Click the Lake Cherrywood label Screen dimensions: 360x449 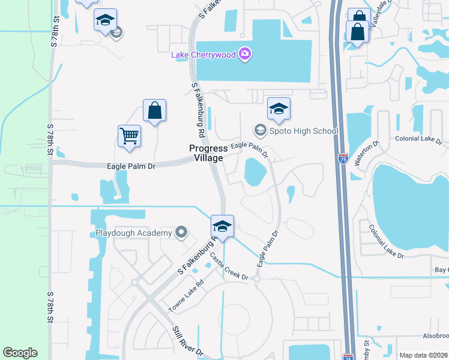pyautogui.click(x=203, y=55)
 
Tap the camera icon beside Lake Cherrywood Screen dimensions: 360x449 pyautogui.click(x=244, y=55)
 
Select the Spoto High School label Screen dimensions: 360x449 pyautogui.click(x=304, y=131)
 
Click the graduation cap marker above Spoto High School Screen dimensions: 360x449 pyautogui.click(x=279, y=109)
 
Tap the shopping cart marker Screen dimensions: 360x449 pyautogui.click(x=130, y=136)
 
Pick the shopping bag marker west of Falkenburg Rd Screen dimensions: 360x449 pyautogui.click(x=154, y=110)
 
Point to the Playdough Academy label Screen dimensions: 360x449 pyautogui.click(x=133, y=232)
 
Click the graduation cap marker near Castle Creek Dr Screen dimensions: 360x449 pyautogui.click(x=222, y=226)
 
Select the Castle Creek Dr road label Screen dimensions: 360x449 pyautogui.click(x=228, y=267)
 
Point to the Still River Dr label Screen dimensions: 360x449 pyautogui.click(x=188, y=342)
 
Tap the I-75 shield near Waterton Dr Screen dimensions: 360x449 pyautogui.click(x=342, y=158)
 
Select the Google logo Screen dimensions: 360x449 pyautogui.click(x=20, y=353)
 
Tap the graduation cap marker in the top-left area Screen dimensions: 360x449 pyautogui.click(x=105, y=20)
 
